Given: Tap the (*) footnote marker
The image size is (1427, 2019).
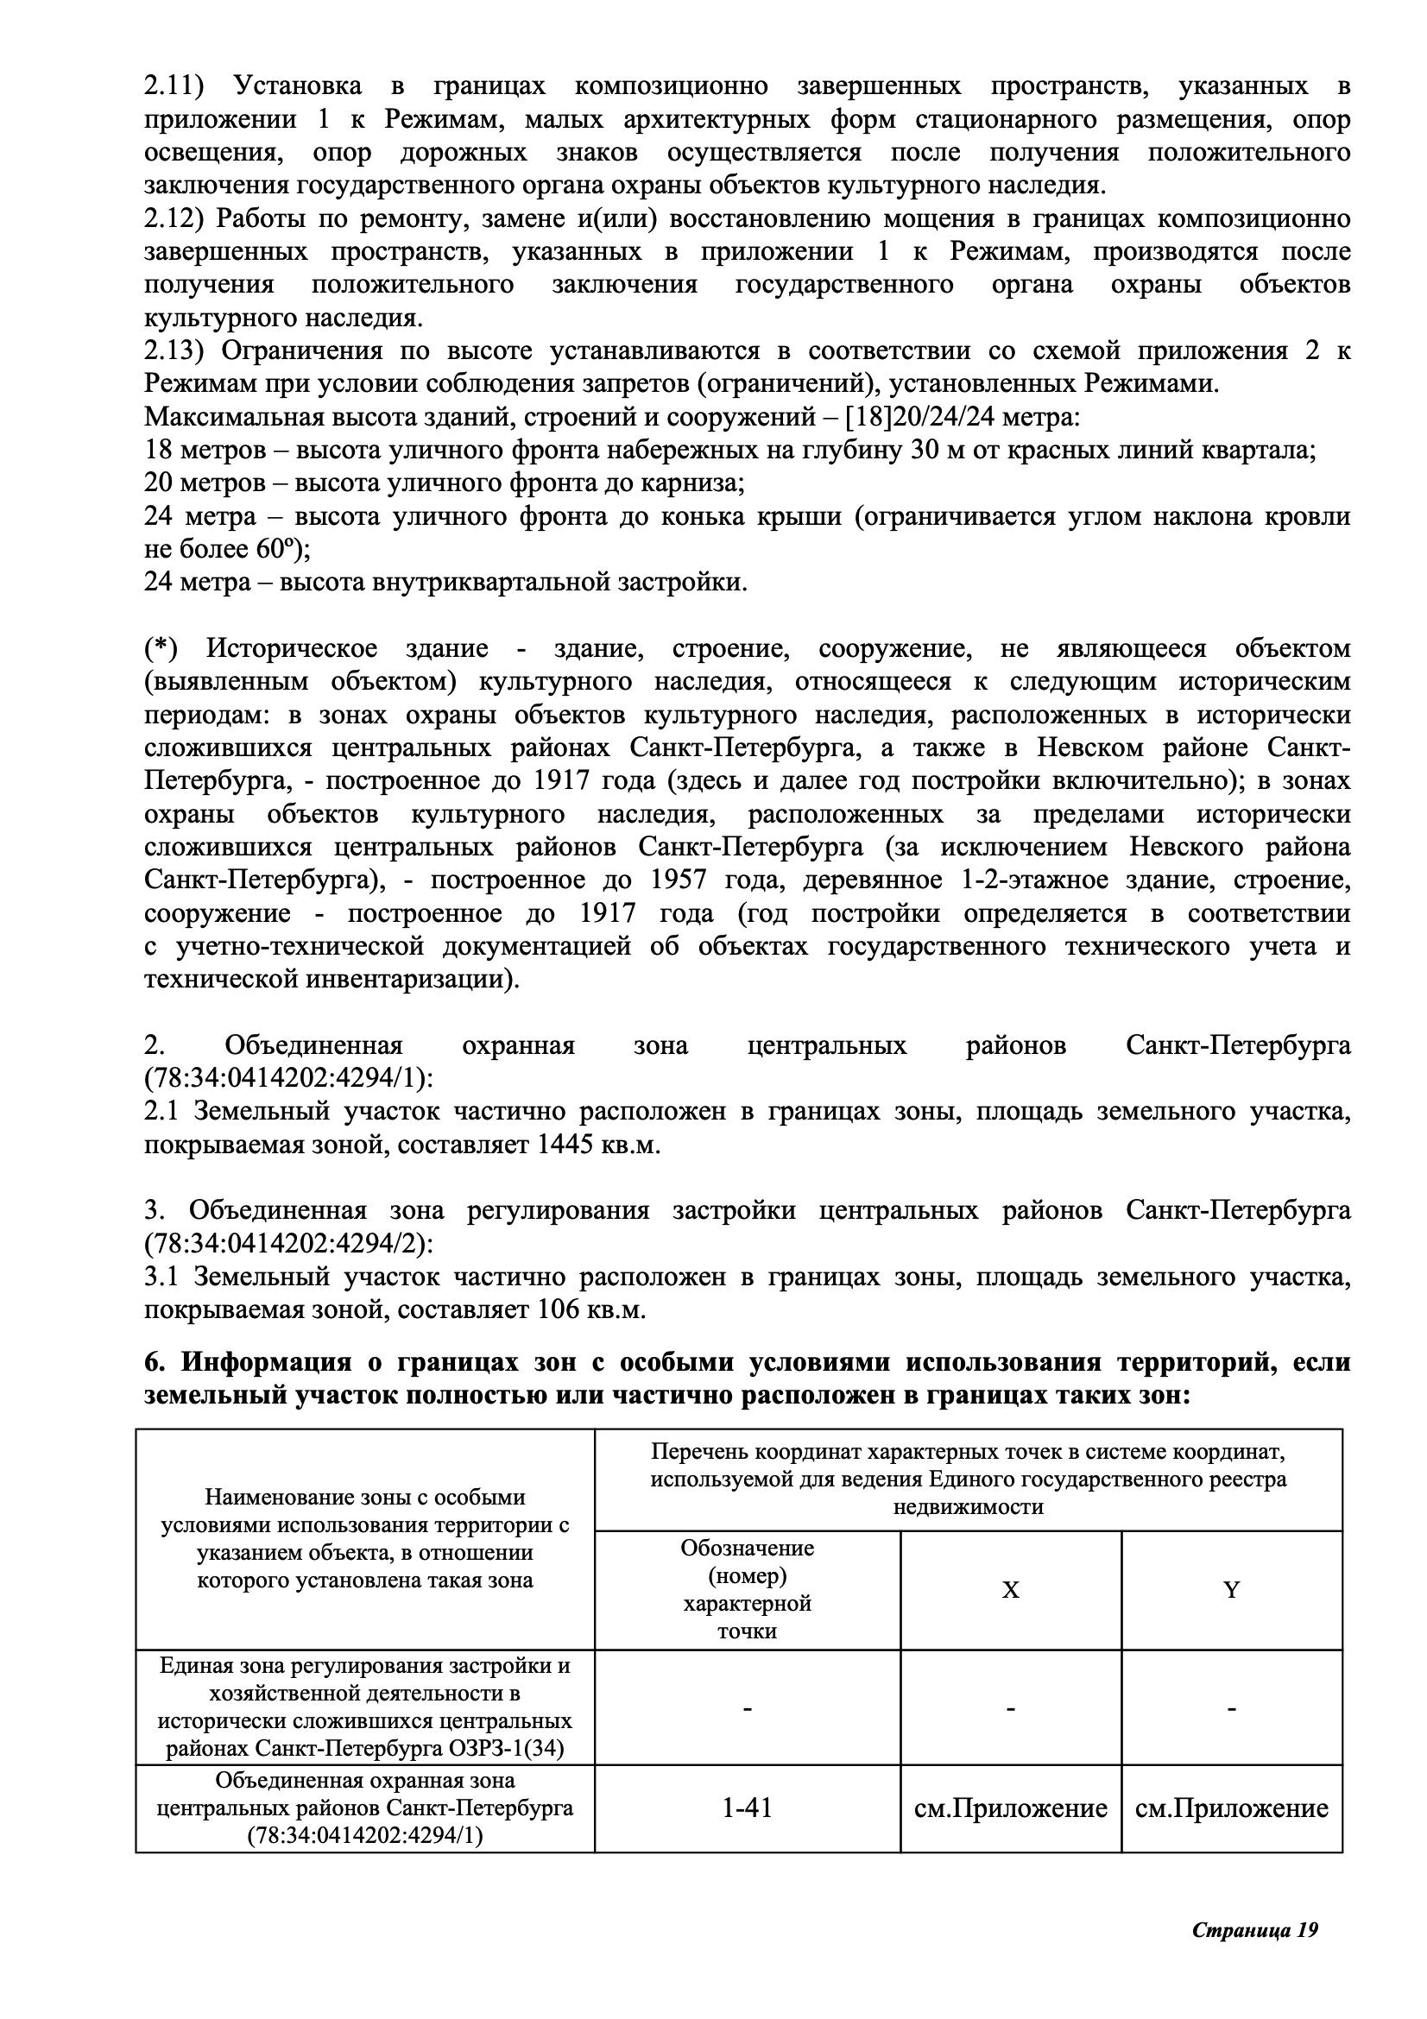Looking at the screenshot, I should (160, 649).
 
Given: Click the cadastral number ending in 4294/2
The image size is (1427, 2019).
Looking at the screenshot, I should (289, 1245).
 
